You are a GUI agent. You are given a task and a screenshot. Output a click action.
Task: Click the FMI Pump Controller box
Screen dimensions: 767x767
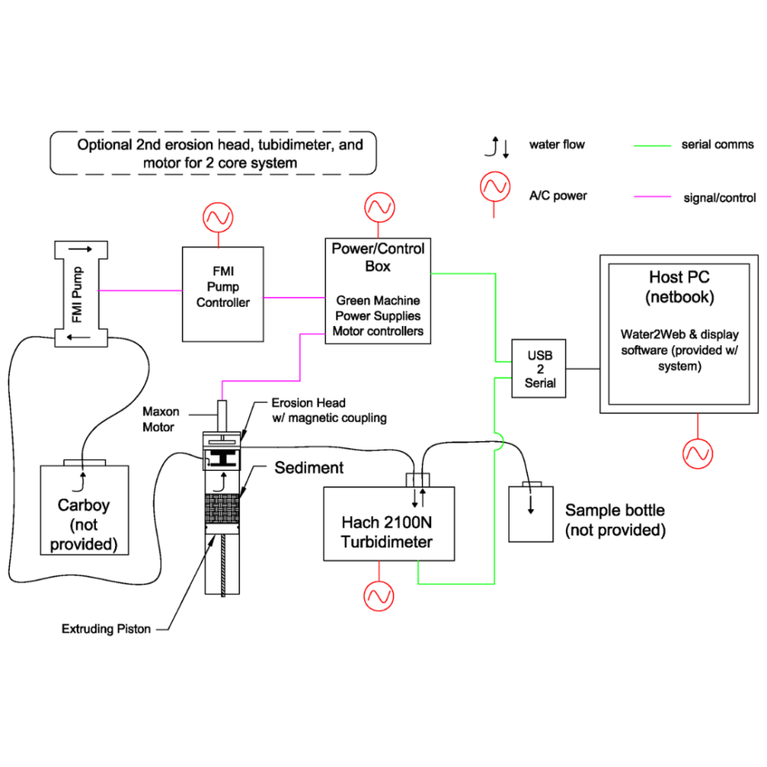coord(222,294)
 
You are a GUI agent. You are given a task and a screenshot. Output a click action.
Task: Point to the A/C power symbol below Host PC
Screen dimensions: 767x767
coord(698,453)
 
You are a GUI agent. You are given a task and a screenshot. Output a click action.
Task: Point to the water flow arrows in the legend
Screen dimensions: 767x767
coord(499,146)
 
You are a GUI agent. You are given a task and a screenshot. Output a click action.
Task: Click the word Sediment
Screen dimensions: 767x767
coord(309,467)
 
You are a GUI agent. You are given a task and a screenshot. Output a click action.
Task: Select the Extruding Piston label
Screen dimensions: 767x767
coord(106,629)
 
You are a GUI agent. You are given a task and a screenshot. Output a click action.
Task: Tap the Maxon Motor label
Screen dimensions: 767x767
coord(160,420)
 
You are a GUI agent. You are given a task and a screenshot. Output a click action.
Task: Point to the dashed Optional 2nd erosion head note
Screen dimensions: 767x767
coord(214,153)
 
